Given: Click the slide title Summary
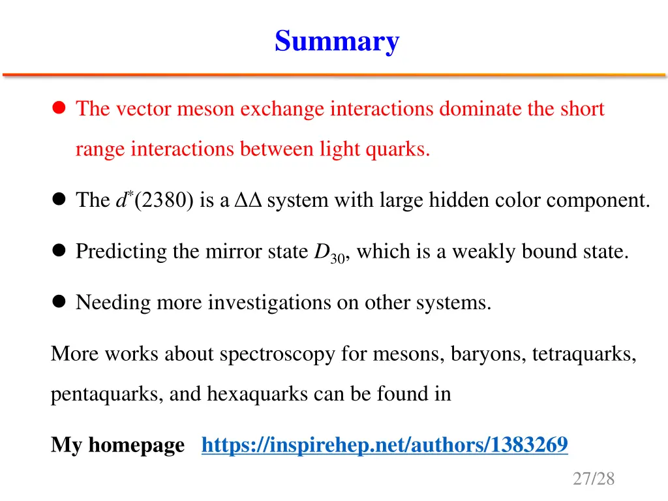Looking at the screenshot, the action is pyautogui.click(x=337, y=41).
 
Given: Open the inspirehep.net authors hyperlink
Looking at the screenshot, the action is pyautogui.click(x=385, y=445).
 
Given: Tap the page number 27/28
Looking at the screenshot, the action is pyautogui.click(x=594, y=479).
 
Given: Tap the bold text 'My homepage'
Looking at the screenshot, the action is pyautogui.click(x=117, y=445).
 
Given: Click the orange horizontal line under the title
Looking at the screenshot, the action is pyautogui.click(x=334, y=75).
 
